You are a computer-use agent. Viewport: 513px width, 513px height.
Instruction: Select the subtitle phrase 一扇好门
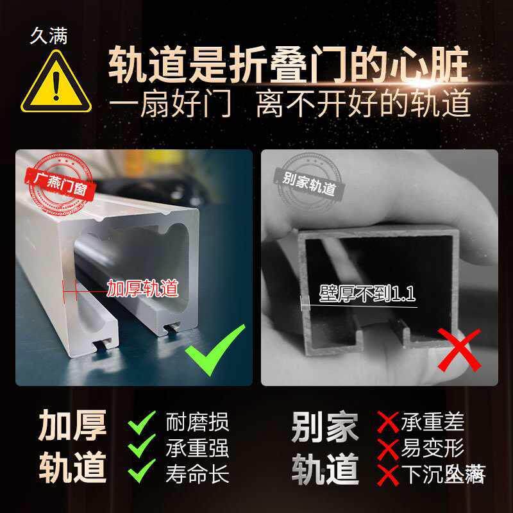[170, 104]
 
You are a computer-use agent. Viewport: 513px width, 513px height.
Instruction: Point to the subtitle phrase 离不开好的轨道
[364, 104]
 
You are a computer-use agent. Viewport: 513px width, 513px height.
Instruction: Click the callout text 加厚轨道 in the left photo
[141, 289]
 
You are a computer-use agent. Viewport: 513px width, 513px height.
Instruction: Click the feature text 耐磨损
[197, 422]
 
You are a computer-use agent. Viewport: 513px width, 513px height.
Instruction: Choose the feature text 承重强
[197, 448]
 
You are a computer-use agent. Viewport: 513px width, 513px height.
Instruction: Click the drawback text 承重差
[432, 422]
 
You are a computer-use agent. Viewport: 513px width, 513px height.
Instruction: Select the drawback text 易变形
[432, 448]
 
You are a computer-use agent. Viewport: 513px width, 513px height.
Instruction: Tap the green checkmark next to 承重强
[143, 447]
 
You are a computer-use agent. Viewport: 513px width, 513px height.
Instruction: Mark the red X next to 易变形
[388, 448]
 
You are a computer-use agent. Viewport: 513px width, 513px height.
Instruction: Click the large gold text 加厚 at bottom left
[72, 425]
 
